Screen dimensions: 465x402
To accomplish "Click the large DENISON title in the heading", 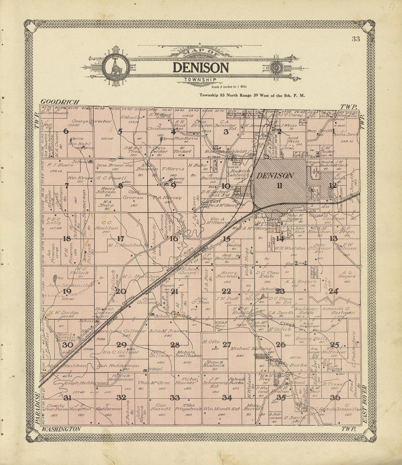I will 201,68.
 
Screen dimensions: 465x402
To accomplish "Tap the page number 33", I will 356,39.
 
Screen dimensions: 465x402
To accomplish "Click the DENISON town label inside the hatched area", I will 275,176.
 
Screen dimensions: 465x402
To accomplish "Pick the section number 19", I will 67,291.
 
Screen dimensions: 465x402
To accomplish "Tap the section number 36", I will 335,398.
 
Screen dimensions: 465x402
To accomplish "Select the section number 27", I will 227,344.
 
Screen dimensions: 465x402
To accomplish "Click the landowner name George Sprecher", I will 86,121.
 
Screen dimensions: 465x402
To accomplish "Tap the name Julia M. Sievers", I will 168,331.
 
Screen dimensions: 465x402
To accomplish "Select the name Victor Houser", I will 187,381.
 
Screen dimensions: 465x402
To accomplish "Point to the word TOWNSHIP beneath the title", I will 200,80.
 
